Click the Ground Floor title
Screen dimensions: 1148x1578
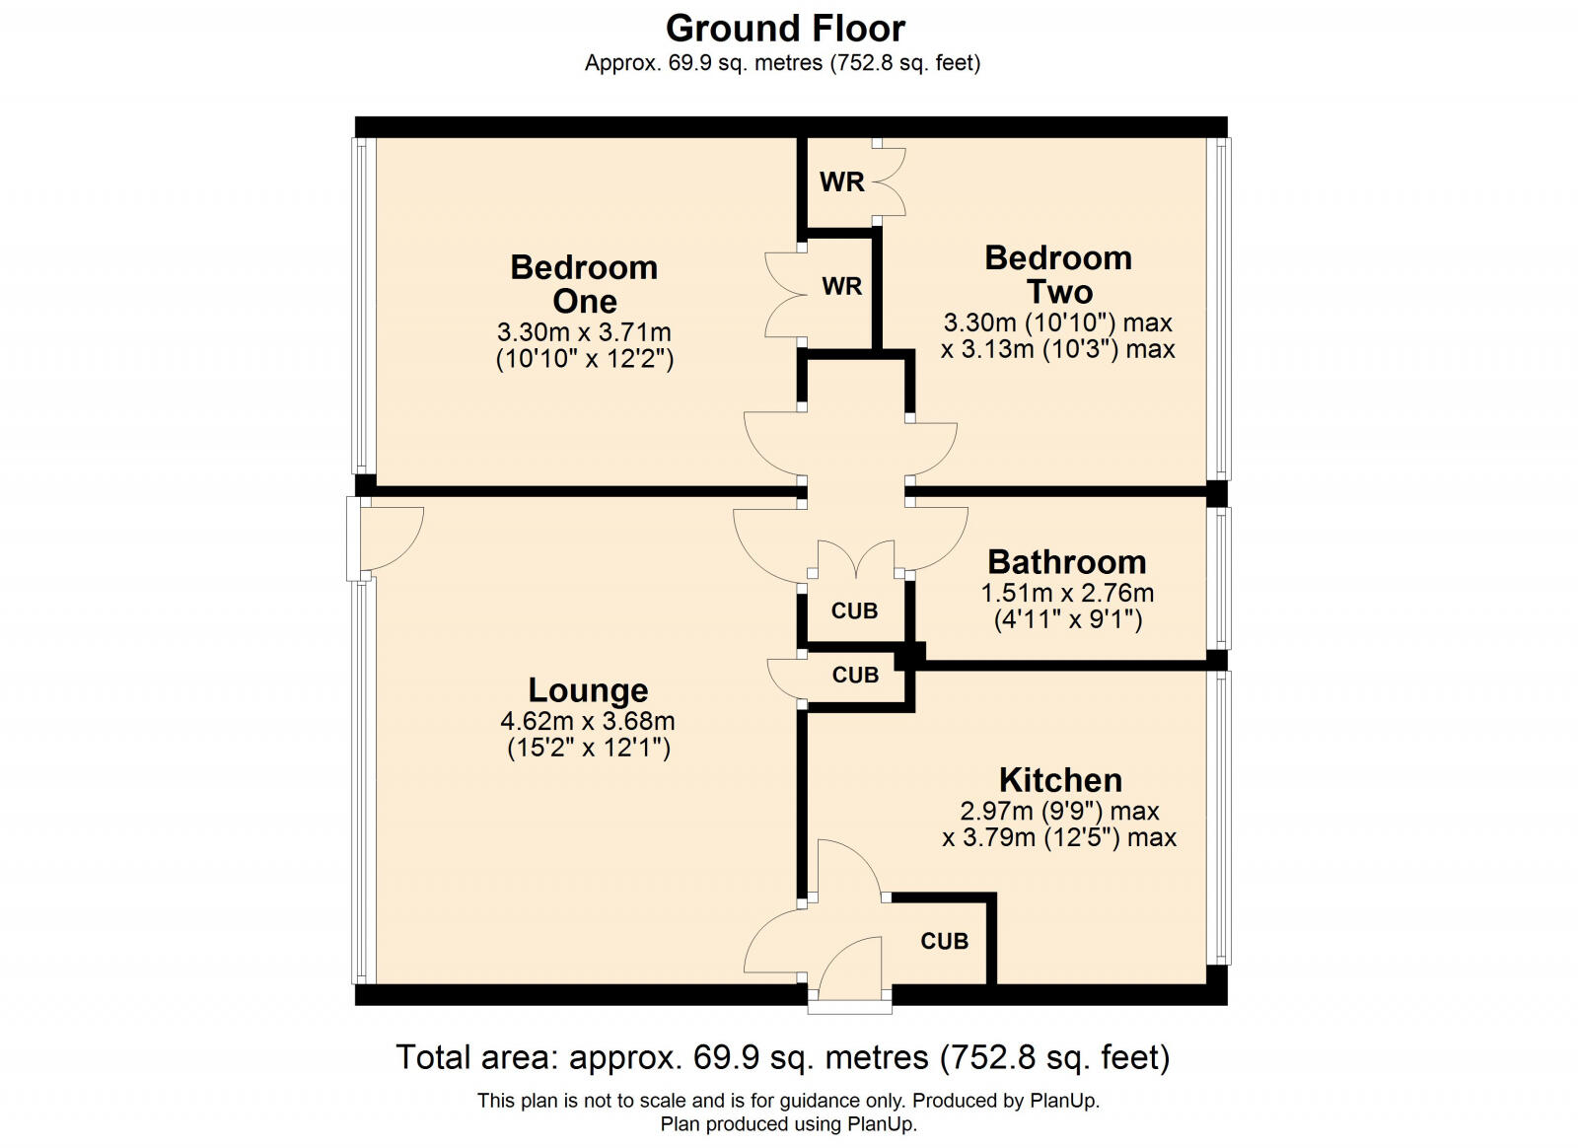coord(785,28)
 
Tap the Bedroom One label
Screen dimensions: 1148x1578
coord(584,284)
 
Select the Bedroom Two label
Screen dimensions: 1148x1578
coord(1058,274)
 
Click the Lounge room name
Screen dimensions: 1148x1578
coord(588,689)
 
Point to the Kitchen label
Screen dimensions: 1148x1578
coord(1060,780)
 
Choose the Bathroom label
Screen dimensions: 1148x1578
coord(1066,562)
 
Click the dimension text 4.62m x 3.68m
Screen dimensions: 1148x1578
coord(588,721)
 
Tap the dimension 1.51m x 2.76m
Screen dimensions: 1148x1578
coord(1066,593)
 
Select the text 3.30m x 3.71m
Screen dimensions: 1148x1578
coord(584,332)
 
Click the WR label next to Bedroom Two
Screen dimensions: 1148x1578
coord(841,181)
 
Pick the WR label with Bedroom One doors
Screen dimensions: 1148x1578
coord(841,286)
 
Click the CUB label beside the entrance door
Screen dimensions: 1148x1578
coord(944,942)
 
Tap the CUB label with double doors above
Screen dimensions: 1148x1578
coord(854,611)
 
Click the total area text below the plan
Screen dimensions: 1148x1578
coord(782,1057)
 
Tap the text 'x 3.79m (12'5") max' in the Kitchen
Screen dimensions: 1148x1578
coord(1059,838)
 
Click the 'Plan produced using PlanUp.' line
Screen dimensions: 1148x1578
coord(788,1124)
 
